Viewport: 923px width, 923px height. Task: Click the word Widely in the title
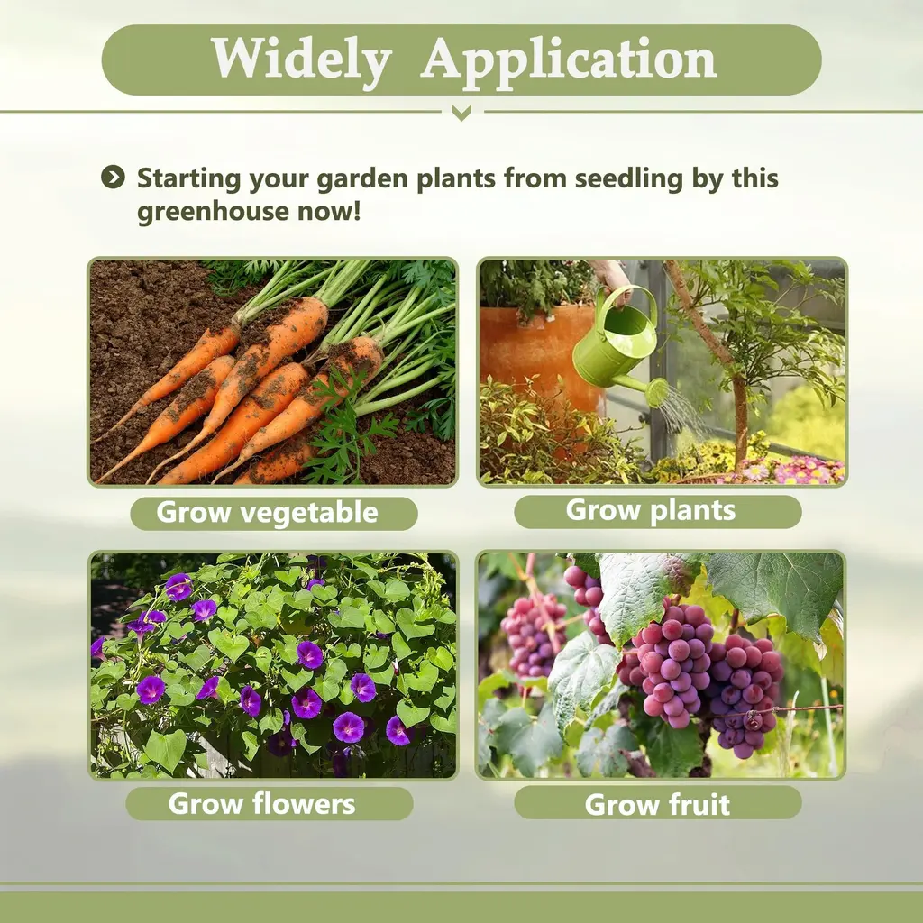click(x=301, y=59)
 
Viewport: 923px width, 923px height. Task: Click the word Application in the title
click(x=568, y=60)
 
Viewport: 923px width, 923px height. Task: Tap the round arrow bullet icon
click(x=113, y=177)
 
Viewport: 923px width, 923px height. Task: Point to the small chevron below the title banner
click(x=461, y=112)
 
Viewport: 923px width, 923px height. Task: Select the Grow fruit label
click(x=657, y=803)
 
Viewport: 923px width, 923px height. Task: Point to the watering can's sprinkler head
click(x=656, y=392)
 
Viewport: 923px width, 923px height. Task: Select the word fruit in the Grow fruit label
click(x=699, y=803)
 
